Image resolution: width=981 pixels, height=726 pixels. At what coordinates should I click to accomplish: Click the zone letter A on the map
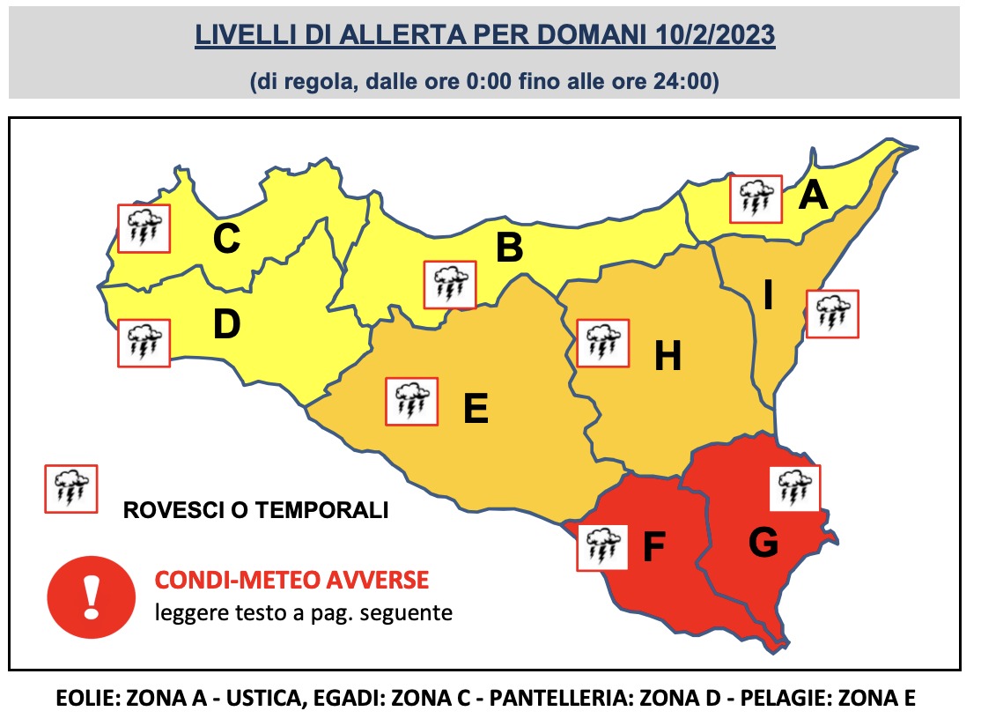[x=813, y=196]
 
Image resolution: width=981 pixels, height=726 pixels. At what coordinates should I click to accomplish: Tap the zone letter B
[x=509, y=248]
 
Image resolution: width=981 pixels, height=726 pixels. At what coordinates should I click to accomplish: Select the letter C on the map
[x=226, y=240]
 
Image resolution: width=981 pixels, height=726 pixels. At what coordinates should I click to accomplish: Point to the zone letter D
[x=226, y=326]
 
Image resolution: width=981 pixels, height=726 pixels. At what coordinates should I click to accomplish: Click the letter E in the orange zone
[x=476, y=409]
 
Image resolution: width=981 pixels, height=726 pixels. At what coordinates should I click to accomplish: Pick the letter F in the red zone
[x=653, y=547]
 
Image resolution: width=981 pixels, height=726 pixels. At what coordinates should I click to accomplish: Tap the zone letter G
[x=763, y=544]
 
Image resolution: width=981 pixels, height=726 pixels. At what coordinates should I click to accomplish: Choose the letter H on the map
[x=668, y=357]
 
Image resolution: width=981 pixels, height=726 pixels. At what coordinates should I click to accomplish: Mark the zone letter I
[x=768, y=296]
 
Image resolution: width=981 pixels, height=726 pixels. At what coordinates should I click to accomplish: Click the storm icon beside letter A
[x=755, y=199]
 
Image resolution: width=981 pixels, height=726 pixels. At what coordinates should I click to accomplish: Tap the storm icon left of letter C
[x=144, y=228]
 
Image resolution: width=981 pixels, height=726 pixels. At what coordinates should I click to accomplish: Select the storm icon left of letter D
[x=144, y=343]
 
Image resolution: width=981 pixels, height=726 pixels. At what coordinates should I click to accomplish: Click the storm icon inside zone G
[x=795, y=488]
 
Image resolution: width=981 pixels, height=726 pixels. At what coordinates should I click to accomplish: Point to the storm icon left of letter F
[x=601, y=546]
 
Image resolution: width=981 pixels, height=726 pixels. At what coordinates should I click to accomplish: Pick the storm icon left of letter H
[x=602, y=343]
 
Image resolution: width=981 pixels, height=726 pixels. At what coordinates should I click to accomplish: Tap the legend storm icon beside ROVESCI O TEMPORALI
[x=71, y=488]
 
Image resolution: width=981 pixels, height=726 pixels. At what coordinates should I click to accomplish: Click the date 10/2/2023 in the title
[x=716, y=36]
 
